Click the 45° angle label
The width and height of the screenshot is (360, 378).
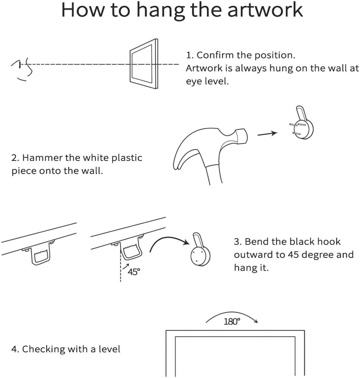[133, 272]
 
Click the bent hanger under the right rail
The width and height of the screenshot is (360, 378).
[132, 251]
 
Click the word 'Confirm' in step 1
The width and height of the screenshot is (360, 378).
[215, 55]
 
